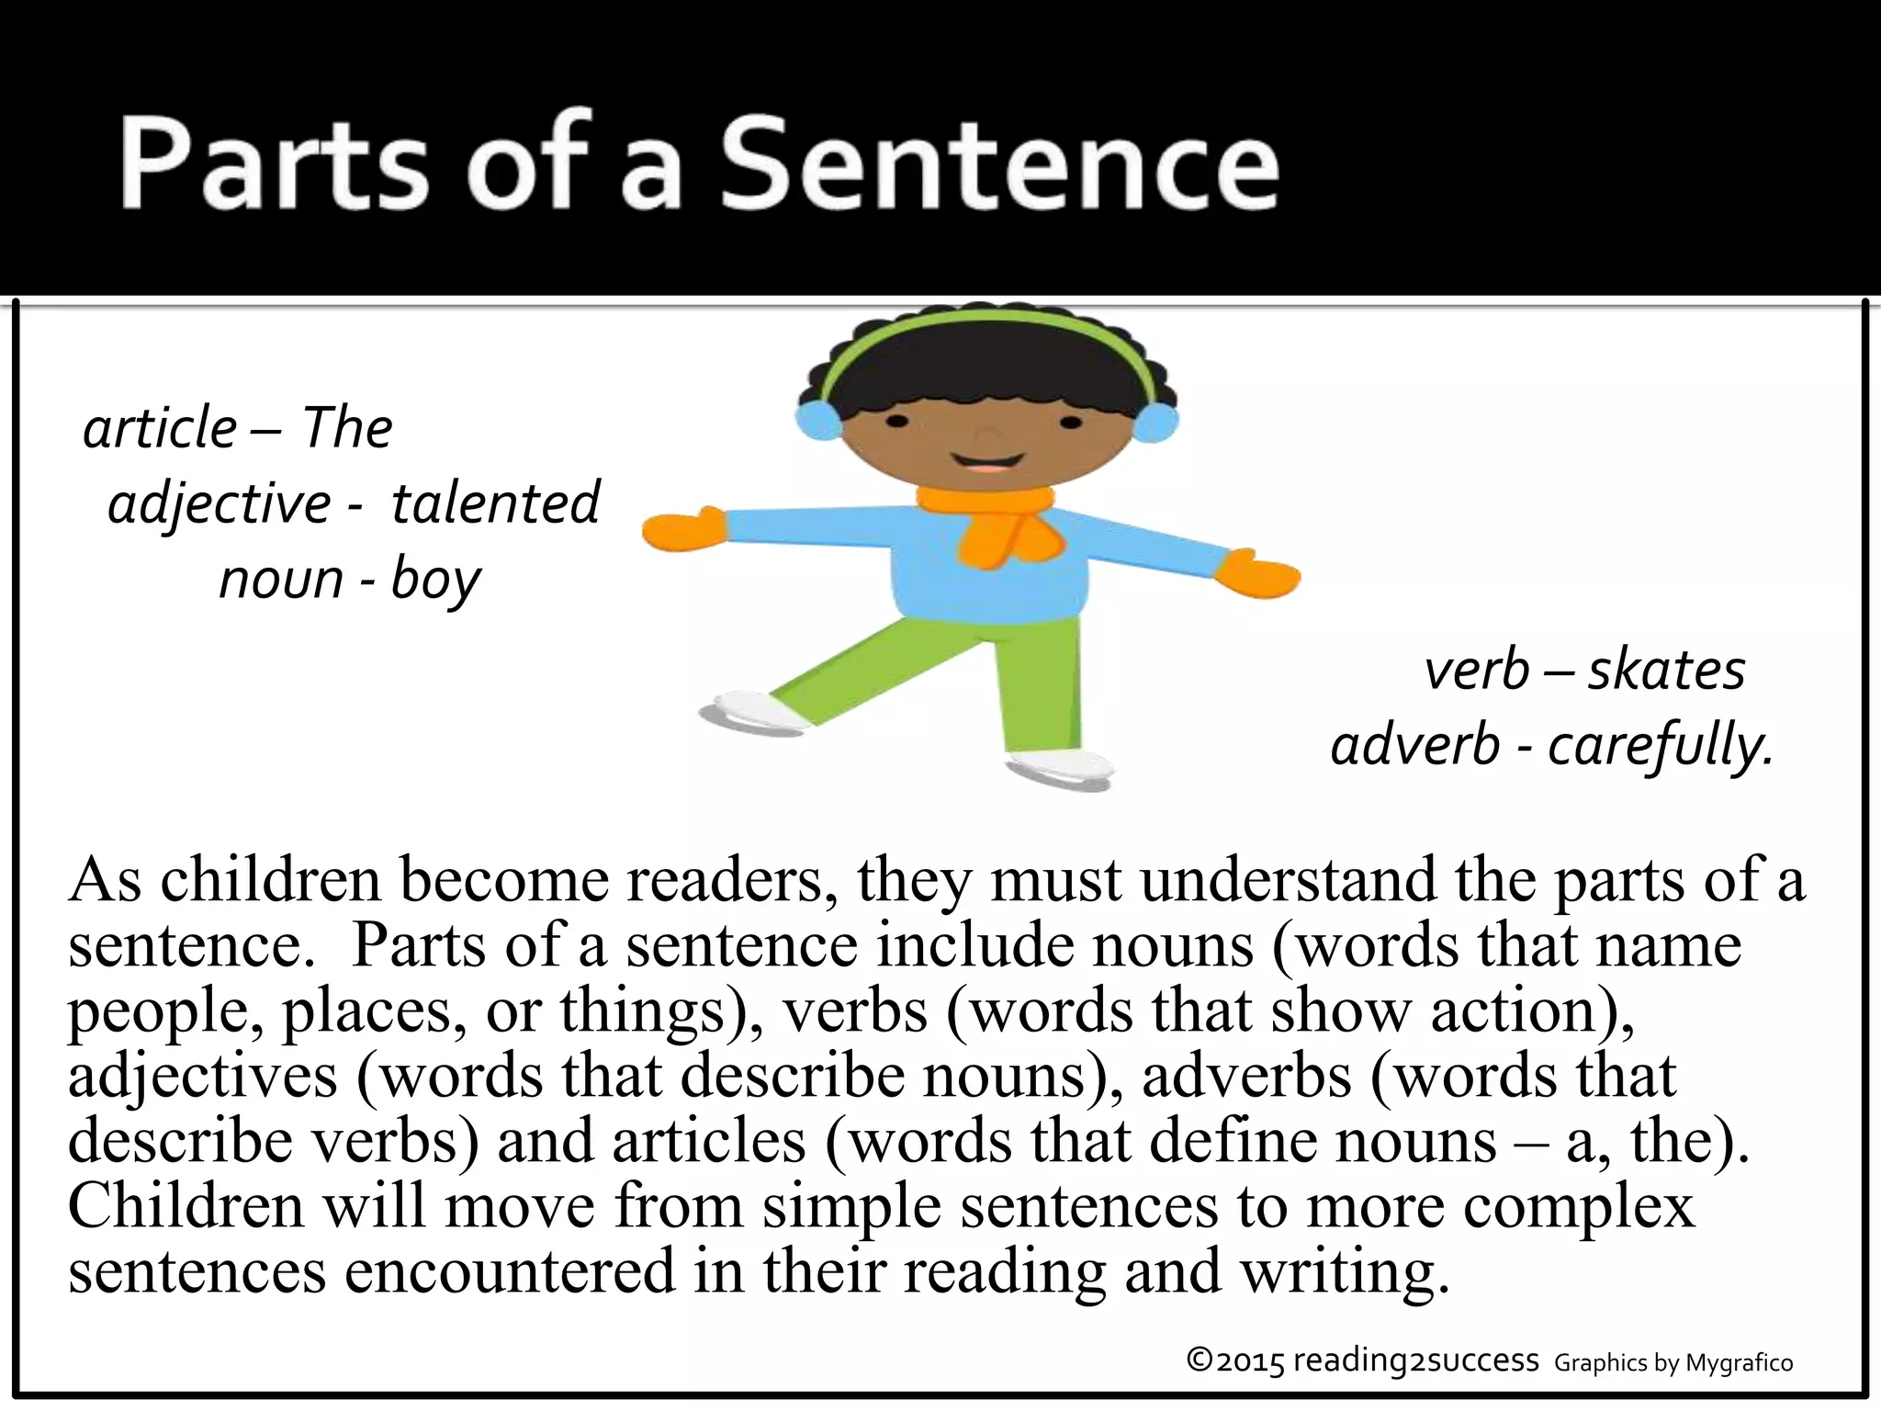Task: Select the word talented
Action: point(495,503)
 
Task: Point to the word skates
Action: point(1666,670)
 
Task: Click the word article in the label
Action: point(160,428)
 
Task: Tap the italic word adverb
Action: point(1415,745)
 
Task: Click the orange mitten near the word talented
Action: point(683,530)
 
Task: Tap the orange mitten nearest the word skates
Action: point(1258,574)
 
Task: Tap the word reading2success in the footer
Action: point(1415,1360)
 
